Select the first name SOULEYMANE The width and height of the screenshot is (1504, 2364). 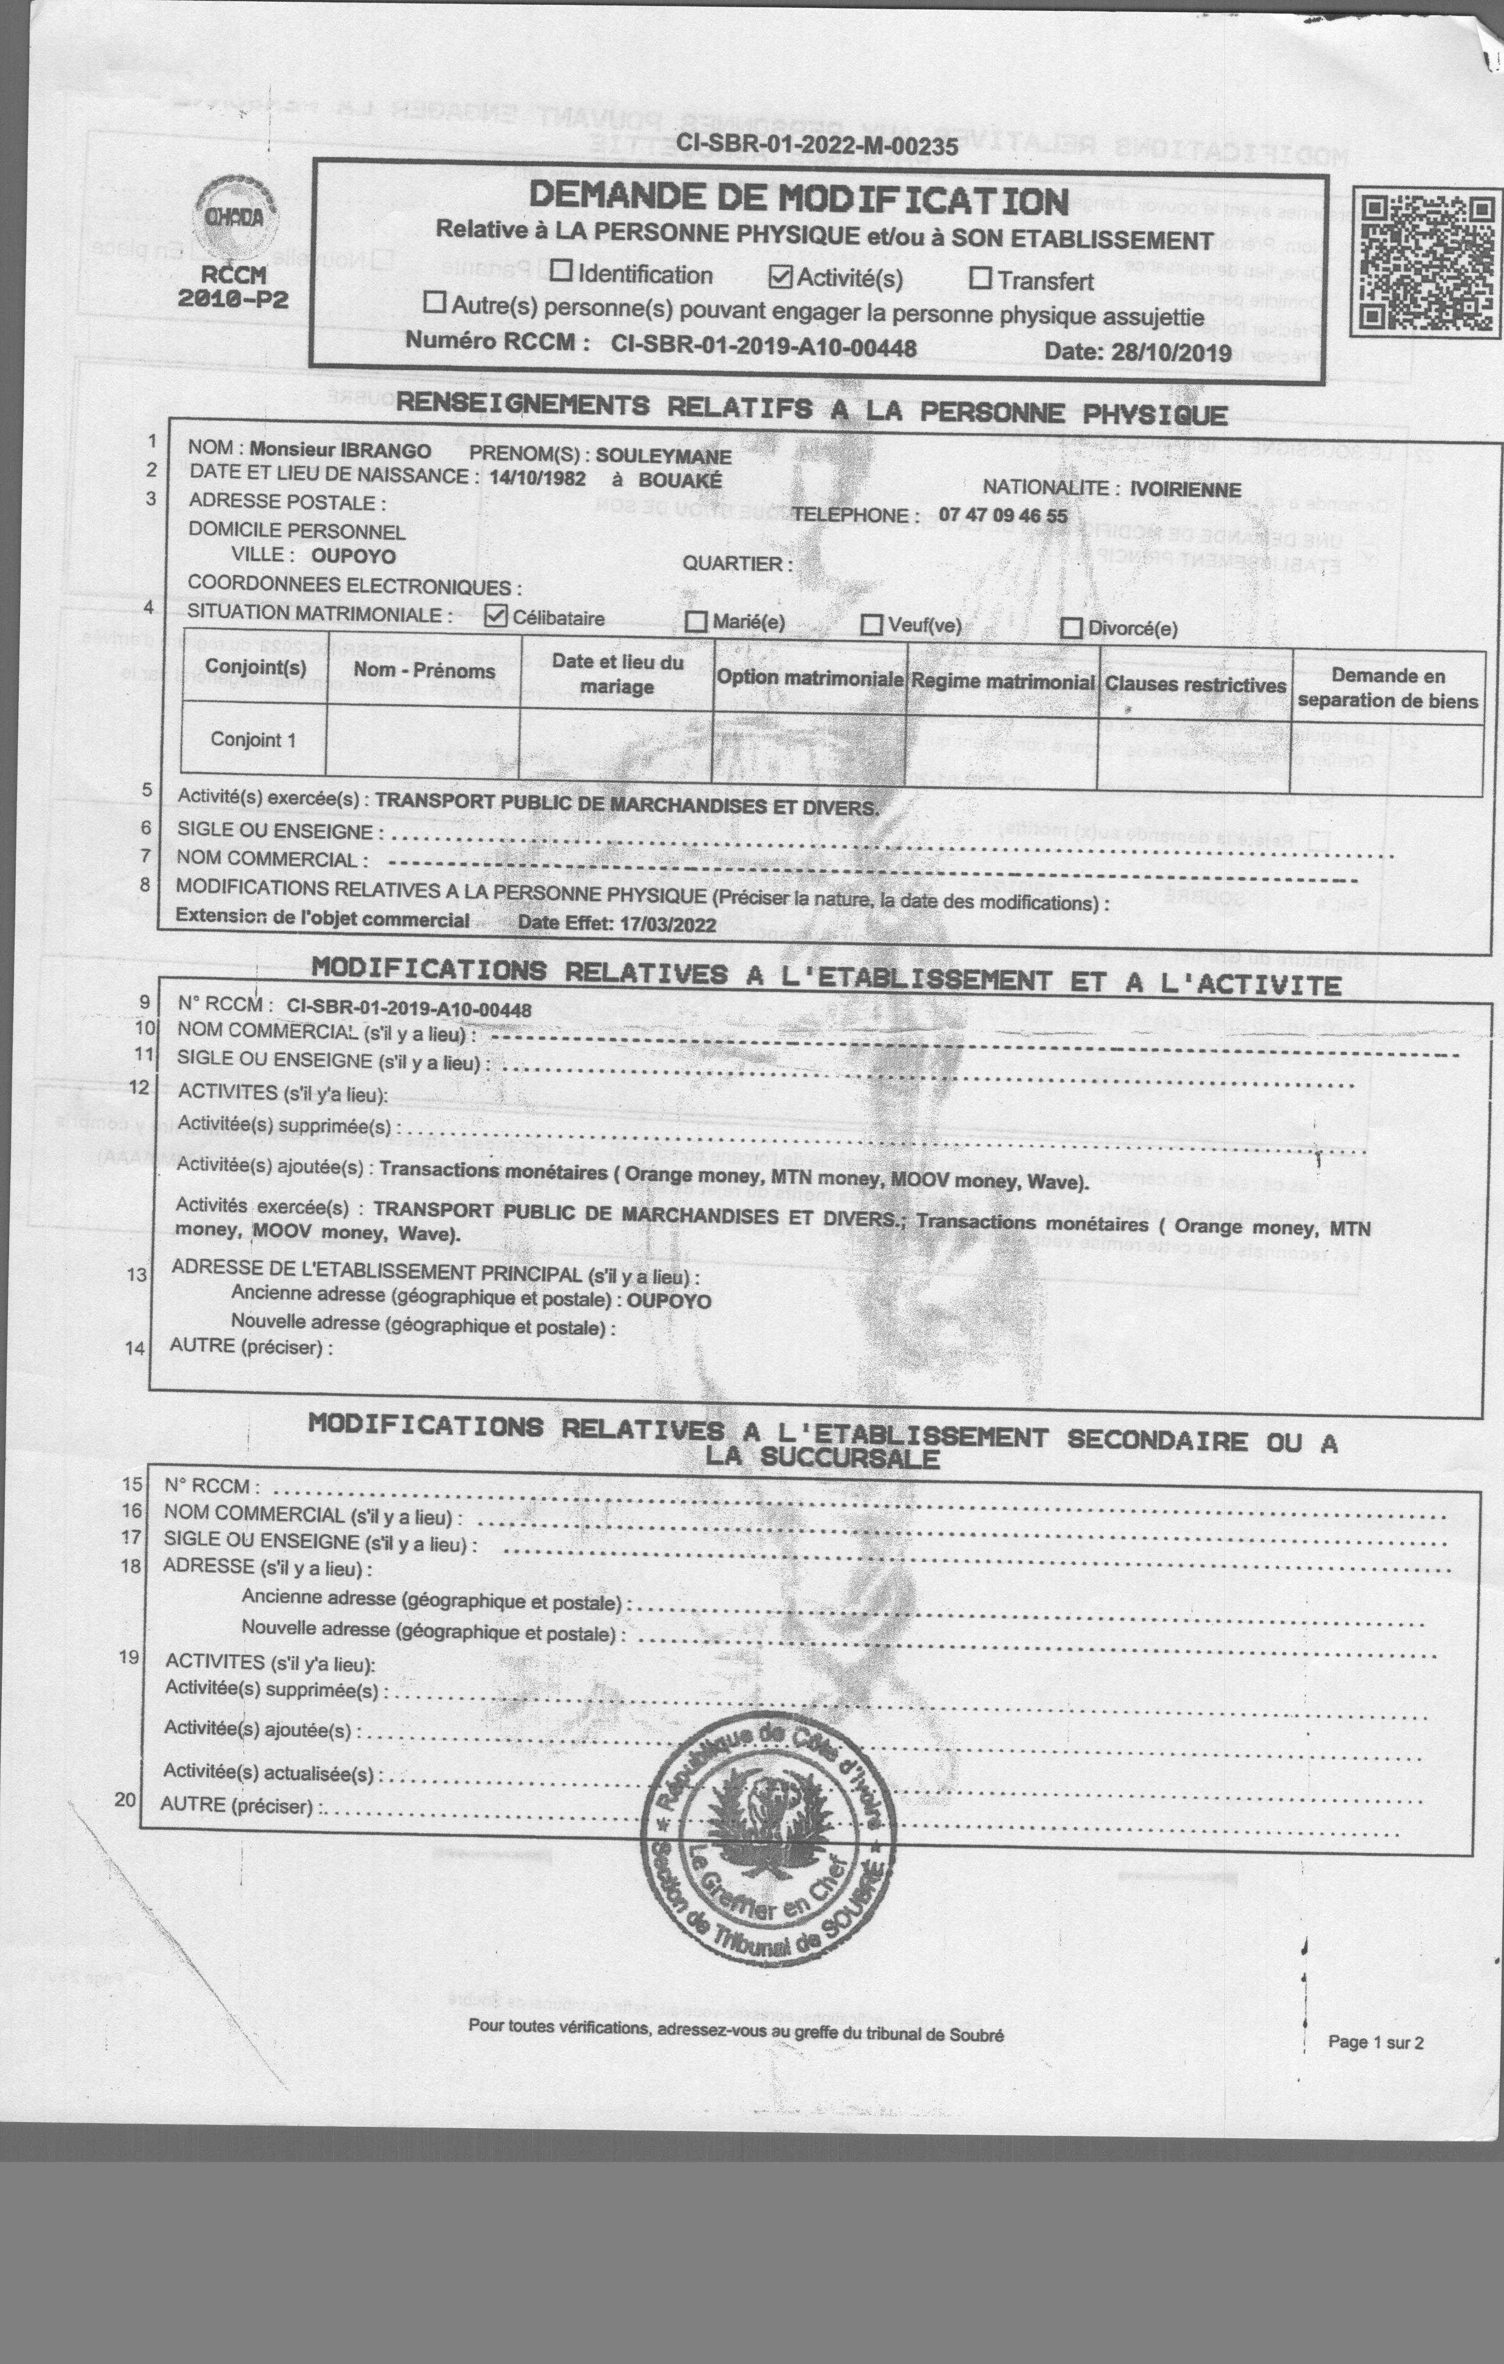[663, 457]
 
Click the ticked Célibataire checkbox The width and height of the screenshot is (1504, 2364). [497, 616]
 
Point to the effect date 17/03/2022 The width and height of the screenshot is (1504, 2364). [666, 924]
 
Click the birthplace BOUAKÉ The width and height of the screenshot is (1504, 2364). [679, 480]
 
